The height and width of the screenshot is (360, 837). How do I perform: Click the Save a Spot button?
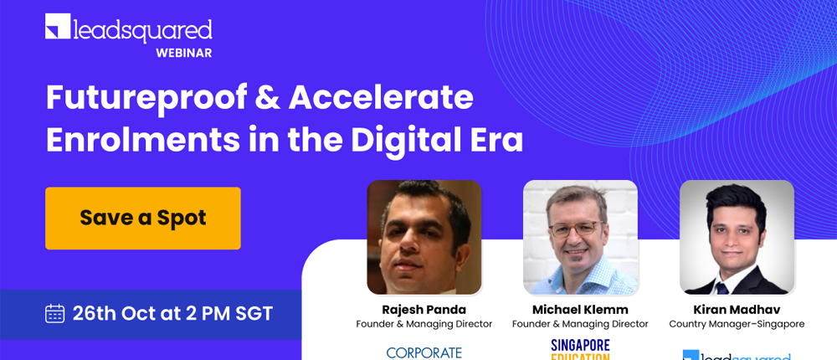[x=143, y=219]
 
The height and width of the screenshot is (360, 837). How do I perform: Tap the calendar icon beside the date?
[x=55, y=314]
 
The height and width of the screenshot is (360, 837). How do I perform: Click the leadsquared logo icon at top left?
[x=57, y=27]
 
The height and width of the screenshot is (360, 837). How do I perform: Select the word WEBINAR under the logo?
[x=183, y=53]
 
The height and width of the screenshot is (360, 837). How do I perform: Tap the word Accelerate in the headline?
[x=381, y=99]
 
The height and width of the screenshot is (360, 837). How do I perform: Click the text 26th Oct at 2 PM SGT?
[x=172, y=314]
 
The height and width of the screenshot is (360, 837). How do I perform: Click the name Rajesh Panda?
[x=424, y=310]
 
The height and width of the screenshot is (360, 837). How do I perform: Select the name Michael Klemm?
[x=580, y=310]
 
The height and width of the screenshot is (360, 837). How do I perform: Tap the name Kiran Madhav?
[x=737, y=310]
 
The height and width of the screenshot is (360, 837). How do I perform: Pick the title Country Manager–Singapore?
[x=737, y=324]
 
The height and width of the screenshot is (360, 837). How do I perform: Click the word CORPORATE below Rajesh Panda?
[x=424, y=352]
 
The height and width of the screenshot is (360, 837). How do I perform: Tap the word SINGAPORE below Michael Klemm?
[x=580, y=345]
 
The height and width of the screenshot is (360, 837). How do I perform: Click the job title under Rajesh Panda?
[x=424, y=324]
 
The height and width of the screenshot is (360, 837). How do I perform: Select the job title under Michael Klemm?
[x=580, y=324]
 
